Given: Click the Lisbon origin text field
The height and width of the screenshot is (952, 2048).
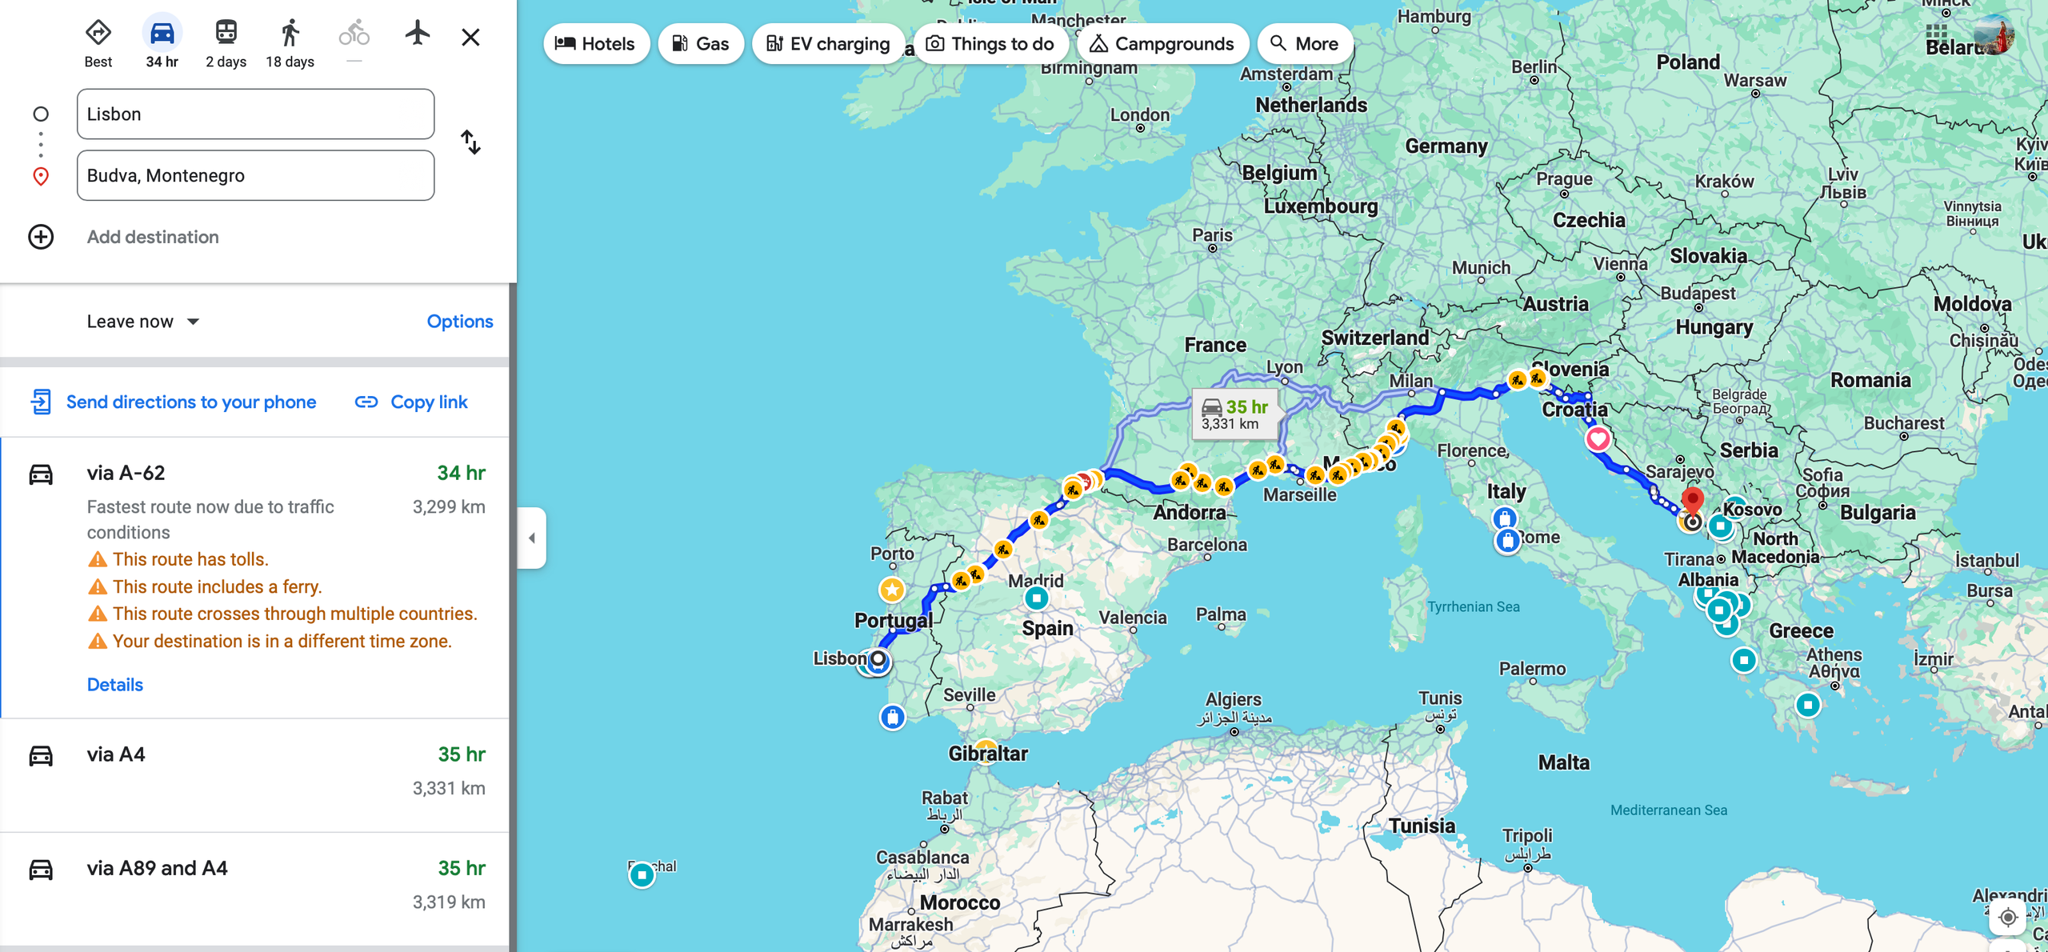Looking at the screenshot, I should click(255, 114).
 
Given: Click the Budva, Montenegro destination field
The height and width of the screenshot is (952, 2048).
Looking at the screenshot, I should click(255, 176).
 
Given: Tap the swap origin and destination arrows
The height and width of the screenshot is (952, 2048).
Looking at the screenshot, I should click(470, 142).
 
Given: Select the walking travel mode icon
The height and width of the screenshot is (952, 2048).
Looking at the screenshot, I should click(290, 34).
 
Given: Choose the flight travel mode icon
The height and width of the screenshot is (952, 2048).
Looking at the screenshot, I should click(417, 34).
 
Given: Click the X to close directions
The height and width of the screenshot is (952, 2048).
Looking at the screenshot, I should click(470, 38).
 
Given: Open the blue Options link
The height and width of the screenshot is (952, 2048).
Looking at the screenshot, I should click(459, 322).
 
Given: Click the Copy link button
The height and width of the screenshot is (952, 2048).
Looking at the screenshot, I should click(411, 402).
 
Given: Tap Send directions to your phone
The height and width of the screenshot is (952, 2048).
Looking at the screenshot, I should click(174, 402).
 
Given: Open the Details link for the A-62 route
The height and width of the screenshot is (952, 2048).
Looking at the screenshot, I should click(114, 685).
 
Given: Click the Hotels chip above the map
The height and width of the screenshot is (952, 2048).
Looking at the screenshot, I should click(595, 44).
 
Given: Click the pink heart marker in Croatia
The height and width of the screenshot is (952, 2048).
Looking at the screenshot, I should click(1598, 438).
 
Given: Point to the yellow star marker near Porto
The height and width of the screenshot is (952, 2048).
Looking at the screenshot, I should click(892, 590).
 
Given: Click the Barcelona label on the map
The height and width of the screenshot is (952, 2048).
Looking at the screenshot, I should click(1206, 545).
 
